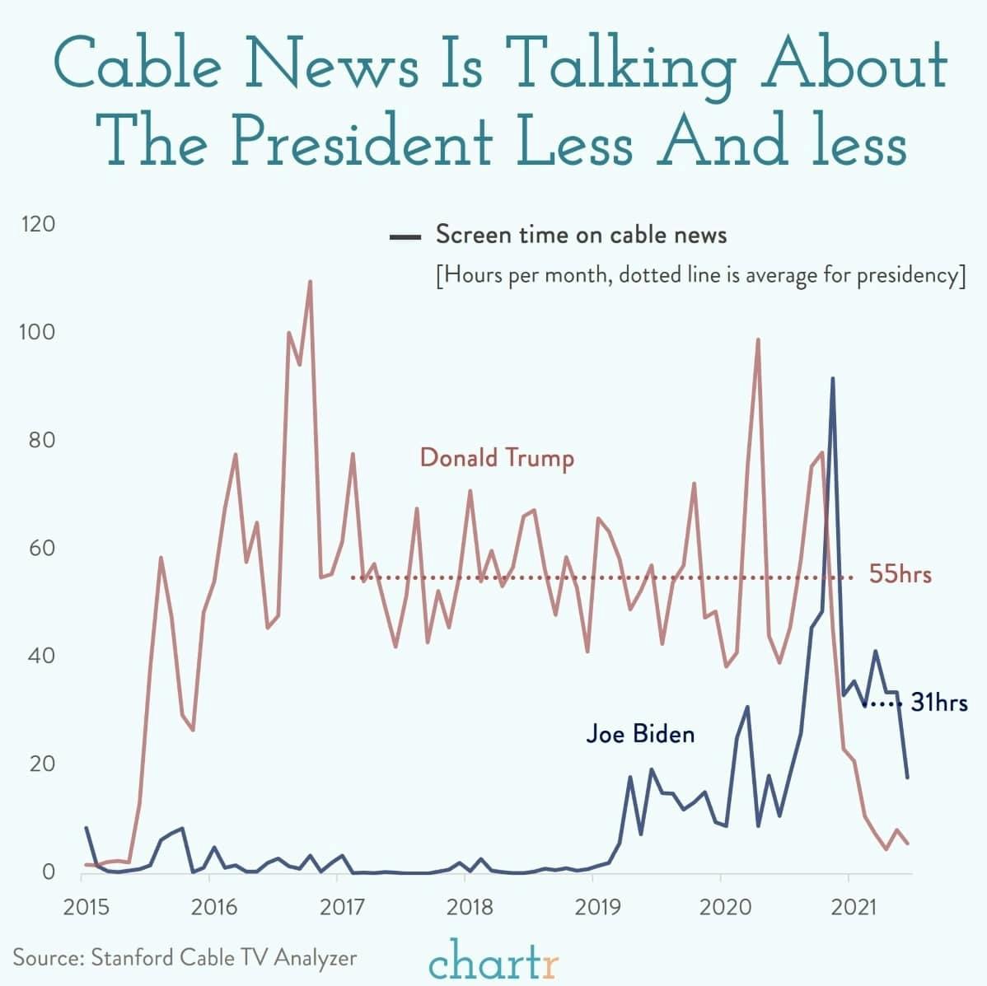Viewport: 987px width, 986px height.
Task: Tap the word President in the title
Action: [x=362, y=141]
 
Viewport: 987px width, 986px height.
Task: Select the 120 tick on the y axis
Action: [x=38, y=224]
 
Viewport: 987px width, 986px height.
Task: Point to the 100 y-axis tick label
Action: [x=38, y=332]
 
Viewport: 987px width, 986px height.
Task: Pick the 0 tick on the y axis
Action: [x=49, y=872]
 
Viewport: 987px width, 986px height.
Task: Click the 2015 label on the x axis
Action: [x=87, y=908]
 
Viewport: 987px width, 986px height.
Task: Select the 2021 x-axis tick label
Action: [x=854, y=908]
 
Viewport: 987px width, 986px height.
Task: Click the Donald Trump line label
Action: [x=497, y=457]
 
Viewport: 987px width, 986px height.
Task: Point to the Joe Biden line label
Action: [x=640, y=733]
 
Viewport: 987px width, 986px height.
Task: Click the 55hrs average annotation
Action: [x=900, y=574]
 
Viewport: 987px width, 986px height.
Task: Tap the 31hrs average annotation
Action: [x=938, y=703]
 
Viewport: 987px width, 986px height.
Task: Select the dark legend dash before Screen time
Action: [x=405, y=237]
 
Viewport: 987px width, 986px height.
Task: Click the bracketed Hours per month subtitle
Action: [x=699, y=274]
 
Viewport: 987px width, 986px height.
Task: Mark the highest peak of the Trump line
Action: [x=310, y=282]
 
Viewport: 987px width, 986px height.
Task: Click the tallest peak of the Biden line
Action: [x=832, y=379]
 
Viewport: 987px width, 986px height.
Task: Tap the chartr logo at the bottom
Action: [x=493, y=960]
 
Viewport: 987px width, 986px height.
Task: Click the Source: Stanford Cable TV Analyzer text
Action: [x=185, y=958]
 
